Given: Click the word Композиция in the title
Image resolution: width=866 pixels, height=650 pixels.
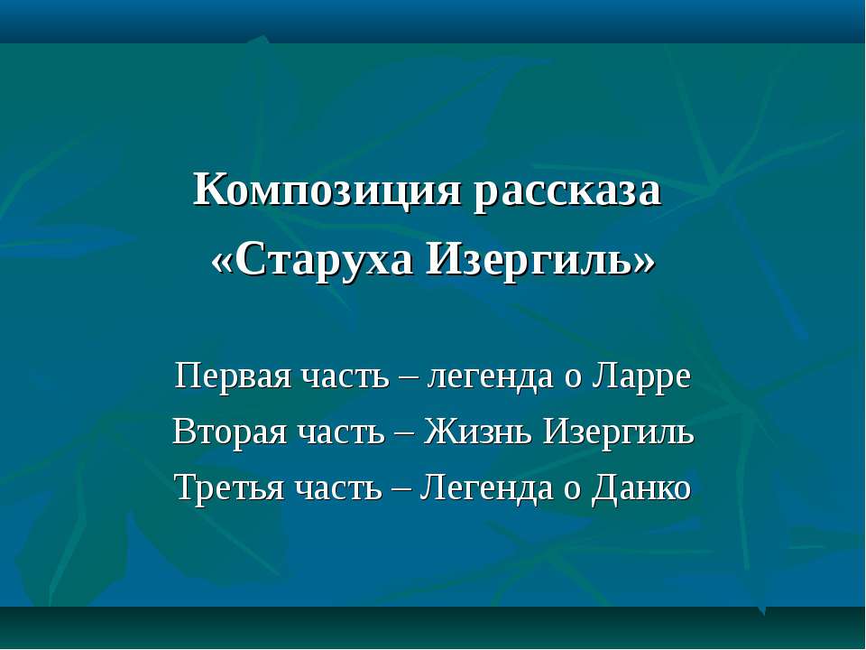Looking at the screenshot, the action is coord(327,191).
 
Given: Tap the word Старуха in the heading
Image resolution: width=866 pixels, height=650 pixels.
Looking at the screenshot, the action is coord(327,260).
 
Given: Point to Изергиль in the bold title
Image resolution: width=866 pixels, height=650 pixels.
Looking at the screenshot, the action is coord(529,260).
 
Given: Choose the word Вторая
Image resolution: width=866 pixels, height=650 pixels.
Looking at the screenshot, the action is coord(230,432).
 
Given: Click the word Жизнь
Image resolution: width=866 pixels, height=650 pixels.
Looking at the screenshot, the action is coord(478,432).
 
